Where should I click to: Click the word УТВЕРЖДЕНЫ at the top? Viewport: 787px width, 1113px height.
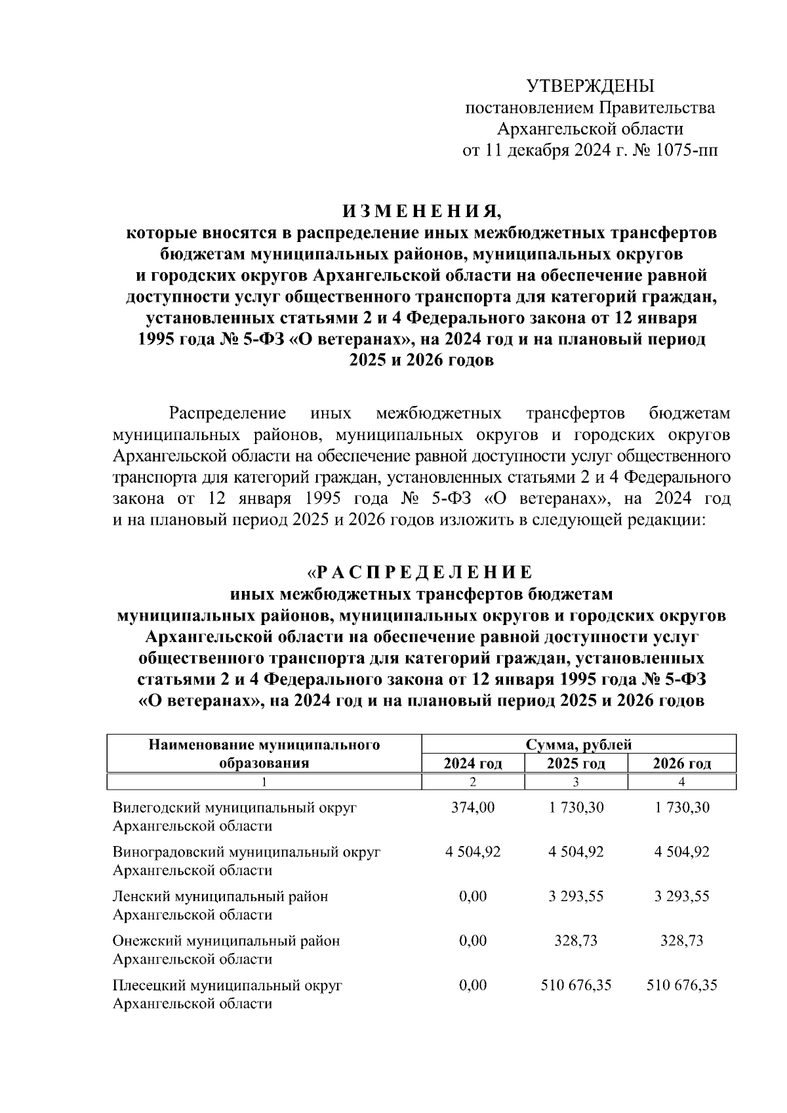591,86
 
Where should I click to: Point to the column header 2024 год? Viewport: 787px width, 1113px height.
473,763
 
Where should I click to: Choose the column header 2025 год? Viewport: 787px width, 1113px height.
576,763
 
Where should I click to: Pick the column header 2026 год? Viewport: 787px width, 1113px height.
681,763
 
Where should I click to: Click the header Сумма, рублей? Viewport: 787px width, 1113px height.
578,744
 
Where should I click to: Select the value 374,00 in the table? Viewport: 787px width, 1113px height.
473,807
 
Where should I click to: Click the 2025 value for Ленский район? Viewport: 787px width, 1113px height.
576,896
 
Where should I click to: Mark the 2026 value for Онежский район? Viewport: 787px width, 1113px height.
682,941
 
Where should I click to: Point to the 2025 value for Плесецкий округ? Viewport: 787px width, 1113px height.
576,985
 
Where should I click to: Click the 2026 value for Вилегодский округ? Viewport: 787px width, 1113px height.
682,807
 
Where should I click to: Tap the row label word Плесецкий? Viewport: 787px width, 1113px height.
148,985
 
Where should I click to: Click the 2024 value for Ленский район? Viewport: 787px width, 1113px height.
473,896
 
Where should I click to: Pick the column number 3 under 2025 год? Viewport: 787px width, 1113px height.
576,782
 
